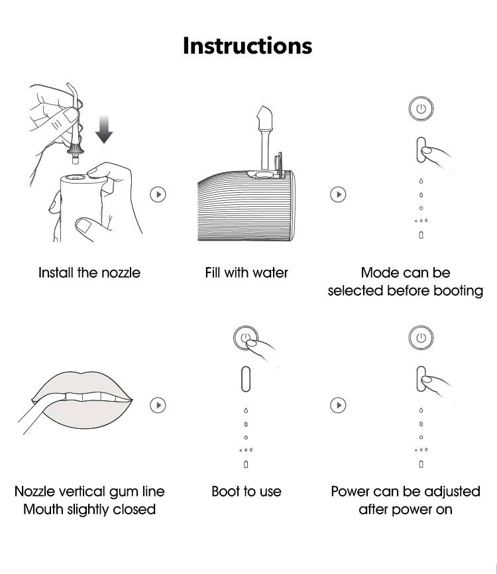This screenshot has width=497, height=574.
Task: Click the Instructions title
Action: point(247,46)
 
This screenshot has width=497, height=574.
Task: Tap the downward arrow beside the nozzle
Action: point(104,129)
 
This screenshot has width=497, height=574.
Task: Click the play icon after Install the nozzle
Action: point(158,194)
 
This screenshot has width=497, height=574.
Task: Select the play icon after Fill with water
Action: point(338,194)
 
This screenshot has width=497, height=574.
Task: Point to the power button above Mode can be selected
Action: point(421,108)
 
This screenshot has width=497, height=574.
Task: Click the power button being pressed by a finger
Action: point(246,337)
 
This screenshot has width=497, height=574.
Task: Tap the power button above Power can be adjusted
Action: point(421,337)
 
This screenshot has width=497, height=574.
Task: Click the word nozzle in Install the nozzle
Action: point(121,272)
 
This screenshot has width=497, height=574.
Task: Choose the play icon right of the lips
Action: point(158,405)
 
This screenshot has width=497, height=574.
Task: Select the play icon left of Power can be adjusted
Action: point(338,405)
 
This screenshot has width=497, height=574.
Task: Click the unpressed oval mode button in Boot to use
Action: point(246,379)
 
